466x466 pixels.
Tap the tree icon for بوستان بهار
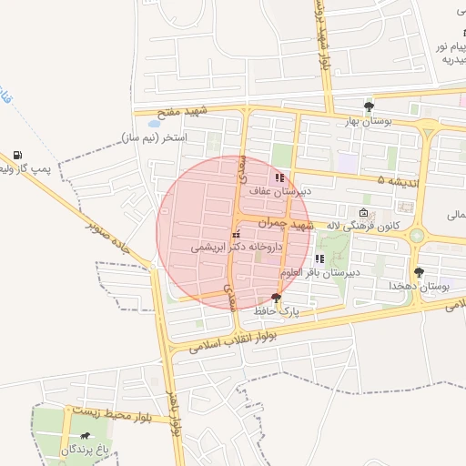coord(369,106)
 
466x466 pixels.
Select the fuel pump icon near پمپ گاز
coord(19,155)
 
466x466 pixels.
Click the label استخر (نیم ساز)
coord(157,137)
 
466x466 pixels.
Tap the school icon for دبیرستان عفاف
coord(279,177)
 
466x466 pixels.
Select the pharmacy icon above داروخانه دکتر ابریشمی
coord(236,235)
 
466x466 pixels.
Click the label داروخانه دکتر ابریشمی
coord(238,248)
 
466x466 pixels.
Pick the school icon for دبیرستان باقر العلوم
coord(319,259)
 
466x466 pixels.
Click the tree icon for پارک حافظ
coord(276,299)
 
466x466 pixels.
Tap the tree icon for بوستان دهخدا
coord(419,272)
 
